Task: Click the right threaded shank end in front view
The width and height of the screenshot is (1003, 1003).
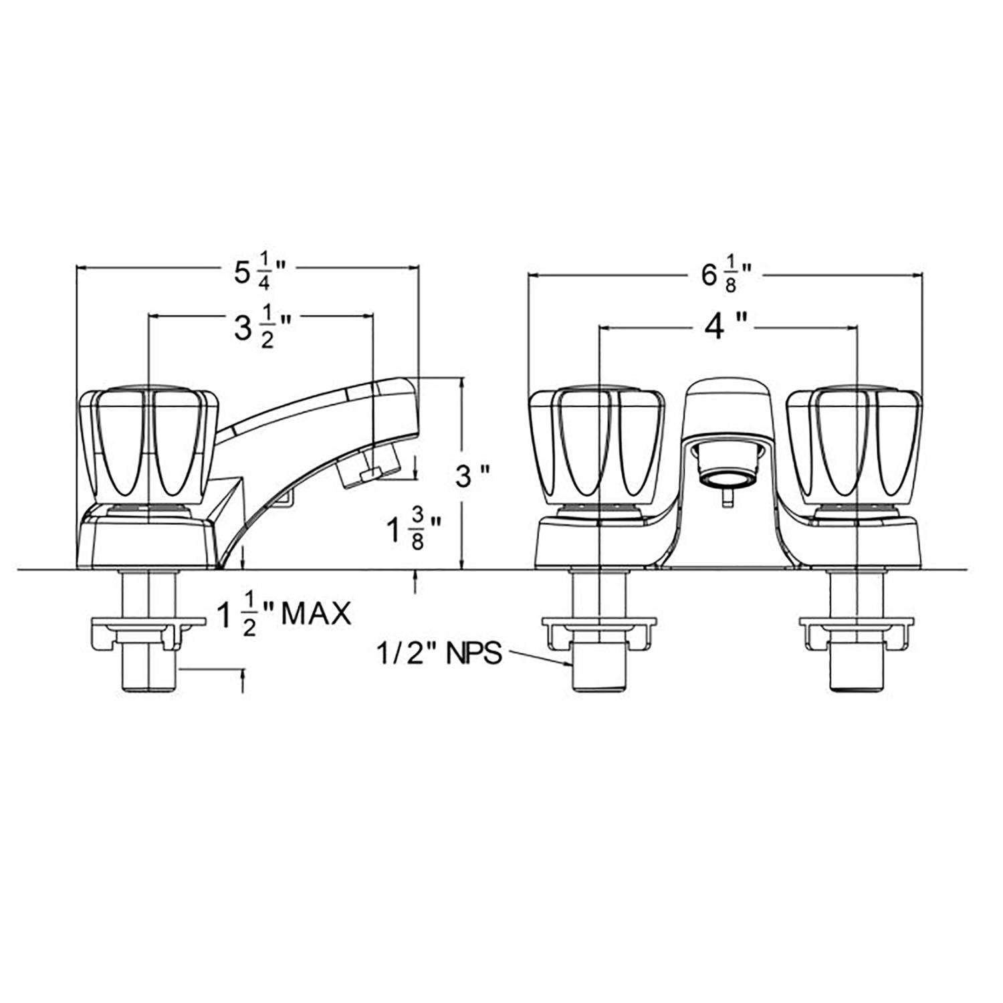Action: (x=857, y=675)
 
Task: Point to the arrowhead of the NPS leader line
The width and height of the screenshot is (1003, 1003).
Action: (x=569, y=663)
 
